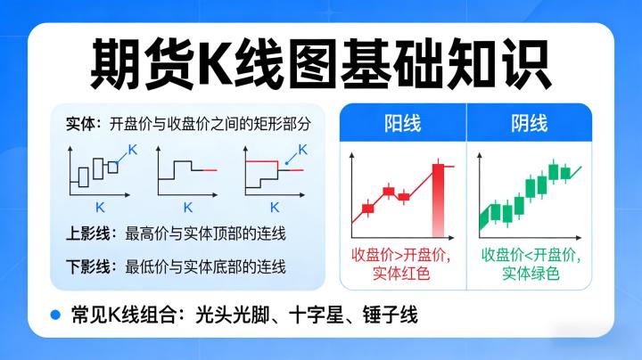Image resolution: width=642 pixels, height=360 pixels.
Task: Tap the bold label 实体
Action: click(80, 123)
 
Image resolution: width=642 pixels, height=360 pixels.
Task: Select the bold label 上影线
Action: click(86, 234)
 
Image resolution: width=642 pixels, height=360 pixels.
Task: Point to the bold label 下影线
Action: click(86, 266)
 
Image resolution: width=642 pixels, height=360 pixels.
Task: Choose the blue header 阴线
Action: click(530, 122)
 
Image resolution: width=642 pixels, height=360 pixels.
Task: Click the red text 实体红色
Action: click(401, 274)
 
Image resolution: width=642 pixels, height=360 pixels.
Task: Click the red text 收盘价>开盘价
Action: click(401, 254)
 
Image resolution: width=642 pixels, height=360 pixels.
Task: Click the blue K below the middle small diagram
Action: click(187, 207)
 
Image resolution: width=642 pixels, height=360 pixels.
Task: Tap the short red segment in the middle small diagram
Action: click(209, 169)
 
